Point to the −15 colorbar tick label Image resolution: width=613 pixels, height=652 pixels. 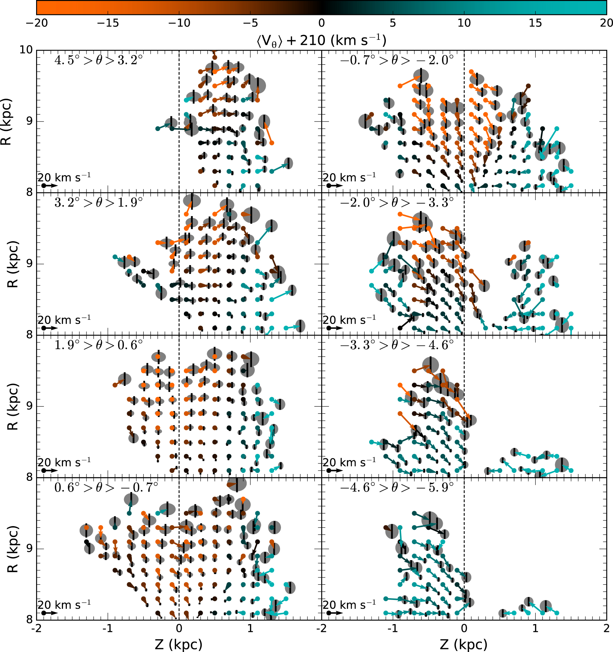[x=108, y=23]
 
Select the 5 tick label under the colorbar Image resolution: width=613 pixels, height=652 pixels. [x=393, y=23]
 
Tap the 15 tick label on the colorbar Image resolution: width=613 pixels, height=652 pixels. [x=535, y=23]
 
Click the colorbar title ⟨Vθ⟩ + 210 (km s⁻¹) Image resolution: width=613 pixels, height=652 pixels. [x=321, y=40]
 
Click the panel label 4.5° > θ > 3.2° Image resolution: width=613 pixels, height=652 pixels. [x=98, y=60]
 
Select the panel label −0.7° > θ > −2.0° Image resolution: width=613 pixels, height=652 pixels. [x=397, y=60]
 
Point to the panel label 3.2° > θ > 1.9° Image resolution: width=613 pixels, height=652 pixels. [x=98, y=203]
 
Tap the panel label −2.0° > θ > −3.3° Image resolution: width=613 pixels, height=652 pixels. [x=397, y=203]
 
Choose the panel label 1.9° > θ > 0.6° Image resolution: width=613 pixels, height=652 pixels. [x=98, y=345]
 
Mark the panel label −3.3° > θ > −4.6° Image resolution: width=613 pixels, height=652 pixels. [x=397, y=345]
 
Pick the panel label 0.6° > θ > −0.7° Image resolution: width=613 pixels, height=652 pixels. [x=106, y=488]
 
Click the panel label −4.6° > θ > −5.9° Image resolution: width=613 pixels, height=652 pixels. [x=397, y=488]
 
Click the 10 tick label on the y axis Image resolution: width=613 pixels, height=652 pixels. [x=26, y=50]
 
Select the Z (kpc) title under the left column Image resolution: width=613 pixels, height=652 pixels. [x=178, y=644]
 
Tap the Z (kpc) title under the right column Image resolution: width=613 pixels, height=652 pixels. [x=463, y=644]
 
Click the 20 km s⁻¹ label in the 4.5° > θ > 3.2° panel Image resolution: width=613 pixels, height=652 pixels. [x=64, y=178]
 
